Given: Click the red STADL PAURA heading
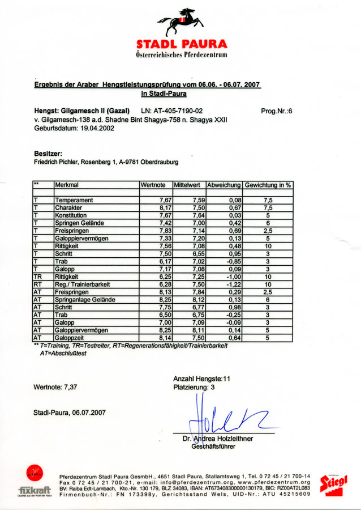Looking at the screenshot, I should [182, 44].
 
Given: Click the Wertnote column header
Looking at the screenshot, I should [153, 185].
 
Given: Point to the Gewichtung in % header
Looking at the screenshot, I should [268, 185].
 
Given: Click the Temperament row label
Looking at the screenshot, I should [74, 201].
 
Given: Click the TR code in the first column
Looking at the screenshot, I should [37, 277].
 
